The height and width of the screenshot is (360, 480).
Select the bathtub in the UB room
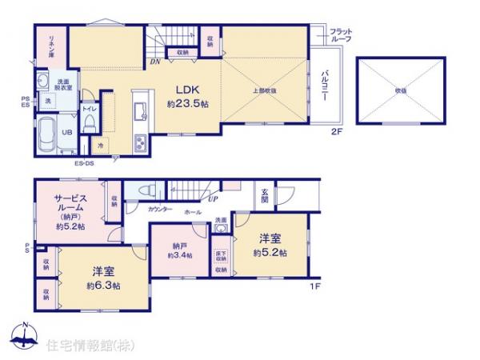tap(47, 134)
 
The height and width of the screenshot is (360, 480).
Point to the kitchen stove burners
tap(138, 144)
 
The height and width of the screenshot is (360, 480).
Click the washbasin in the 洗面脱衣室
tap(42, 82)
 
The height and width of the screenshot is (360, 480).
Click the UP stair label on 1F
tap(214, 198)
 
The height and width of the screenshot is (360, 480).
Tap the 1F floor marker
tap(315, 286)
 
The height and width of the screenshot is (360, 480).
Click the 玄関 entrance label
tap(264, 196)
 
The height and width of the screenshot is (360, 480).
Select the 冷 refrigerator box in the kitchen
tap(101, 146)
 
